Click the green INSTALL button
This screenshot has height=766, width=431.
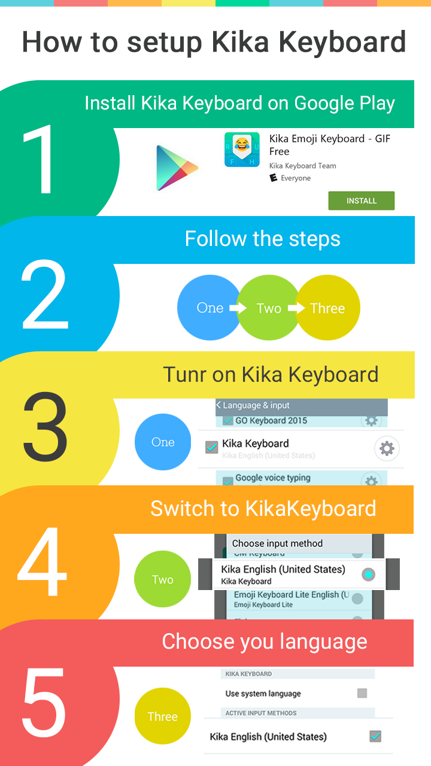click(361, 201)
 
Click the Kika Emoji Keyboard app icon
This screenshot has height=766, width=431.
click(241, 150)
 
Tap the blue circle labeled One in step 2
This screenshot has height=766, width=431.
click(209, 308)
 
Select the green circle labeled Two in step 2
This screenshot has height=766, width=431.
click(269, 308)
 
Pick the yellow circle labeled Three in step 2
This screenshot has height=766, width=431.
click(328, 308)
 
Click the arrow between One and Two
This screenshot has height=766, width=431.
click(238, 308)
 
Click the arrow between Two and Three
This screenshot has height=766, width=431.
click(296, 308)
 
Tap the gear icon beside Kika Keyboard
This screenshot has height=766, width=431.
click(387, 448)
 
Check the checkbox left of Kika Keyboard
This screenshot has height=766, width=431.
click(211, 447)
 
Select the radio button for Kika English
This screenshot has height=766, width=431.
click(368, 574)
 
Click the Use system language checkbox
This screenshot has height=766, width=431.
click(362, 694)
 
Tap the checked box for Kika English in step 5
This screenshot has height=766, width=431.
click(375, 737)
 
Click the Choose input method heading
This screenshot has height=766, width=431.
click(277, 543)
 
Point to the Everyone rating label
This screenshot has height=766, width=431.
click(295, 178)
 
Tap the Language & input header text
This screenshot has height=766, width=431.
click(256, 406)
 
